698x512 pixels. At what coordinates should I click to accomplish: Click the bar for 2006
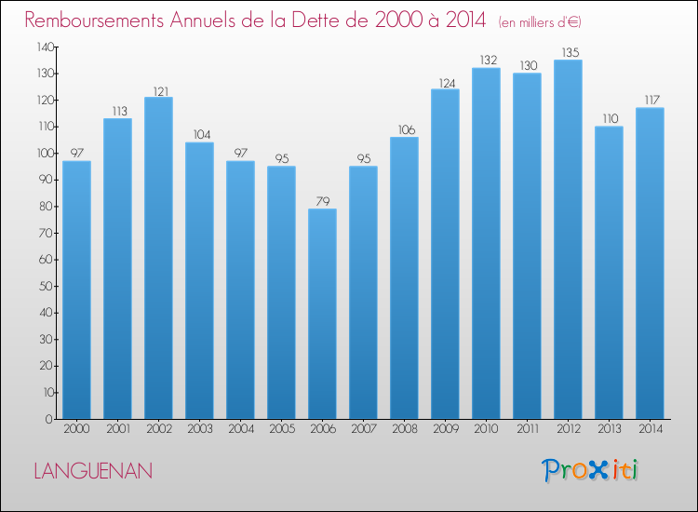click(x=322, y=314)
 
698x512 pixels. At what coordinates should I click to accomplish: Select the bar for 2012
click(x=568, y=239)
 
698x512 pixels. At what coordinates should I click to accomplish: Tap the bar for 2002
click(x=158, y=258)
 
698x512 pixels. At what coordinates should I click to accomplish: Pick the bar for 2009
click(x=445, y=253)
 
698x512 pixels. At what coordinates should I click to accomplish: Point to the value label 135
click(x=568, y=53)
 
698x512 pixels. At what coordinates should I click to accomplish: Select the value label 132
click(x=486, y=61)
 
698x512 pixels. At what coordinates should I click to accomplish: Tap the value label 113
click(x=117, y=112)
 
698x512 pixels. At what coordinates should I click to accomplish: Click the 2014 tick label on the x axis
click(x=650, y=430)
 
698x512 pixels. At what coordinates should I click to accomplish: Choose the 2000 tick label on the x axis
click(x=76, y=430)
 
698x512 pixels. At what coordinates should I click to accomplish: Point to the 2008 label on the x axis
click(x=404, y=430)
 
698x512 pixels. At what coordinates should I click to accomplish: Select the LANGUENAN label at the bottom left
click(x=93, y=471)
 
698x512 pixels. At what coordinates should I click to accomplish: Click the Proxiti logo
click(x=589, y=470)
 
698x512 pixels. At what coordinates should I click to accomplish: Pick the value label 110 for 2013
click(x=609, y=119)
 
